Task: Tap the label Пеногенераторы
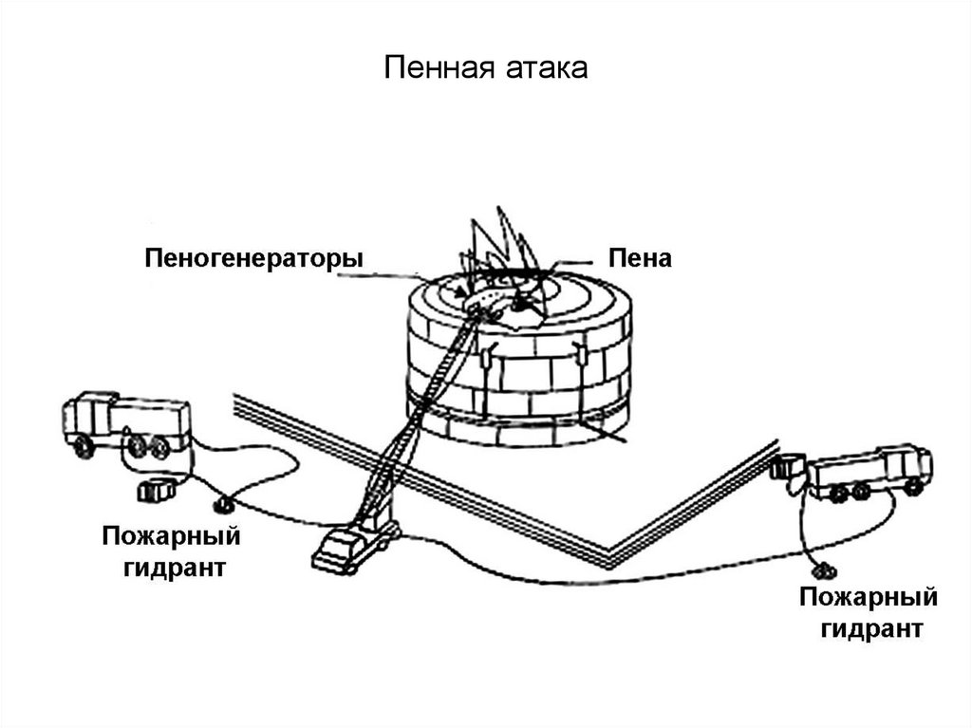253,258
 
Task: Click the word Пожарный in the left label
171,538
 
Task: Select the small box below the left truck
152,490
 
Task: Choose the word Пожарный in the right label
868,599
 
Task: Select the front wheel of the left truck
84,447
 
